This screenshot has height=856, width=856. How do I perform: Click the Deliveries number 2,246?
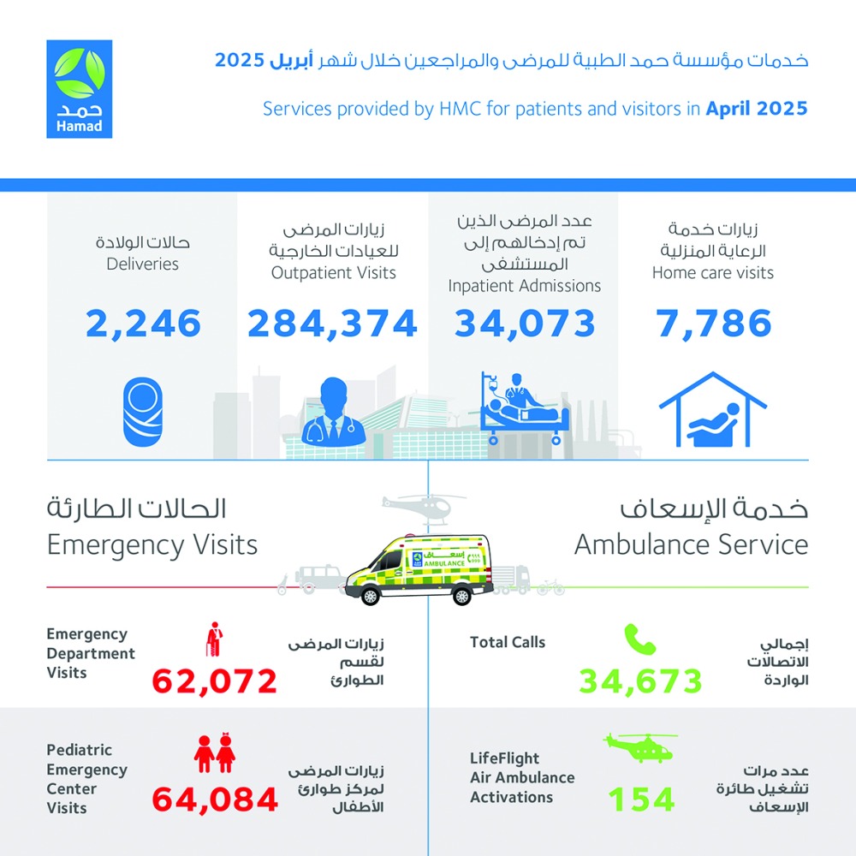pyautogui.click(x=144, y=324)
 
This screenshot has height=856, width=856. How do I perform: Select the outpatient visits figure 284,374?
pyautogui.click(x=333, y=324)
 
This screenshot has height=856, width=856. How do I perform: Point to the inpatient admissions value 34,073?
pyautogui.click(x=525, y=324)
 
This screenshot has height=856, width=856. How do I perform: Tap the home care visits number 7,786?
pyautogui.click(x=714, y=324)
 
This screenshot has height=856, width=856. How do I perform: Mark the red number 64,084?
pyautogui.click(x=215, y=800)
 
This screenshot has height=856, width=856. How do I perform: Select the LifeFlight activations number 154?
pyautogui.click(x=641, y=800)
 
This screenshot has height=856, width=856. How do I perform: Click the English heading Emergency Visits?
pyautogui.click(x=152, y=544)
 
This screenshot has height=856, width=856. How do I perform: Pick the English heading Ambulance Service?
pyautogui.click(x=691, y=544)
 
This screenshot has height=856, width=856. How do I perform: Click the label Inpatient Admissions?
pyautogui.click(x=525, y=287)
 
